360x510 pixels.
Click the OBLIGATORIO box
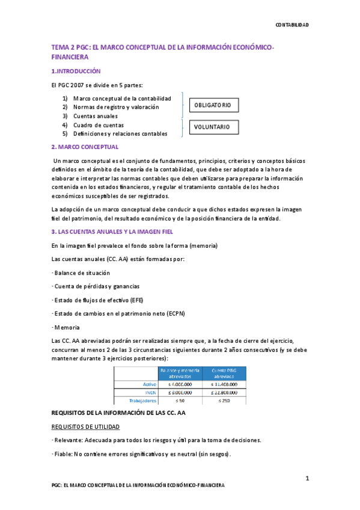213,105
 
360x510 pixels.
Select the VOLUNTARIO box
213,127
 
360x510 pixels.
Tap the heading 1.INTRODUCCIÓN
76,71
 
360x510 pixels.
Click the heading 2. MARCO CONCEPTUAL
85,147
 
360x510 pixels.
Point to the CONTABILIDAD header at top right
292,25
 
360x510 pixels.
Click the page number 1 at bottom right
307,478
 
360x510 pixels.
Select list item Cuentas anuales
95,115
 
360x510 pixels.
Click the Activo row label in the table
148,384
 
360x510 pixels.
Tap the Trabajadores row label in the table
142,400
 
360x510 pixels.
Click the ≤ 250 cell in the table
224,400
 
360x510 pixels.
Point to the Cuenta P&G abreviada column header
224,372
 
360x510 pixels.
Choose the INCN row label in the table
150,392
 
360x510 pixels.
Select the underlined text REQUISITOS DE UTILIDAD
85,426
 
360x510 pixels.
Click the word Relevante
71,440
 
